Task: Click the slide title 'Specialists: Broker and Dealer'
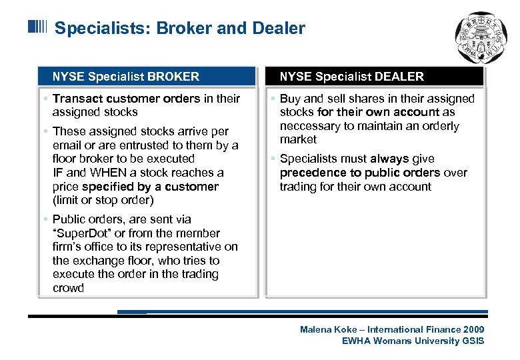[179, 29]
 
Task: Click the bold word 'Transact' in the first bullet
[77, 99]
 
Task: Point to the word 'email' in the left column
[67, 145]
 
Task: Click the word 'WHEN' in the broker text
[99, 173]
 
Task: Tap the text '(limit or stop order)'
[103, 200]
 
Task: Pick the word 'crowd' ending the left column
[68, 288]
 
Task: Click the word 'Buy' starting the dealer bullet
[289, 99]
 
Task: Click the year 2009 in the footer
[473, 329]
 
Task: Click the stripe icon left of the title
[37, 27]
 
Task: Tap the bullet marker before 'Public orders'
[45, 219]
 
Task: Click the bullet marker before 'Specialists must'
[273, 159]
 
